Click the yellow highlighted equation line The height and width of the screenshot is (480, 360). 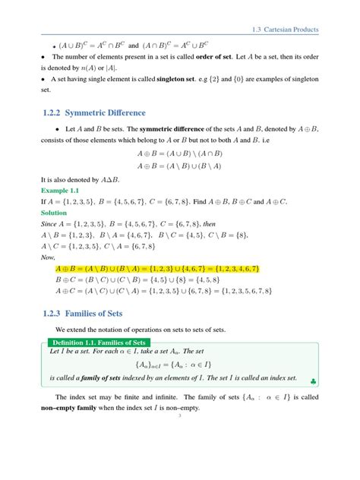[158, 269]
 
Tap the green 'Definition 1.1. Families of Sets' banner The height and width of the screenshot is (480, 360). [103, 343]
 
